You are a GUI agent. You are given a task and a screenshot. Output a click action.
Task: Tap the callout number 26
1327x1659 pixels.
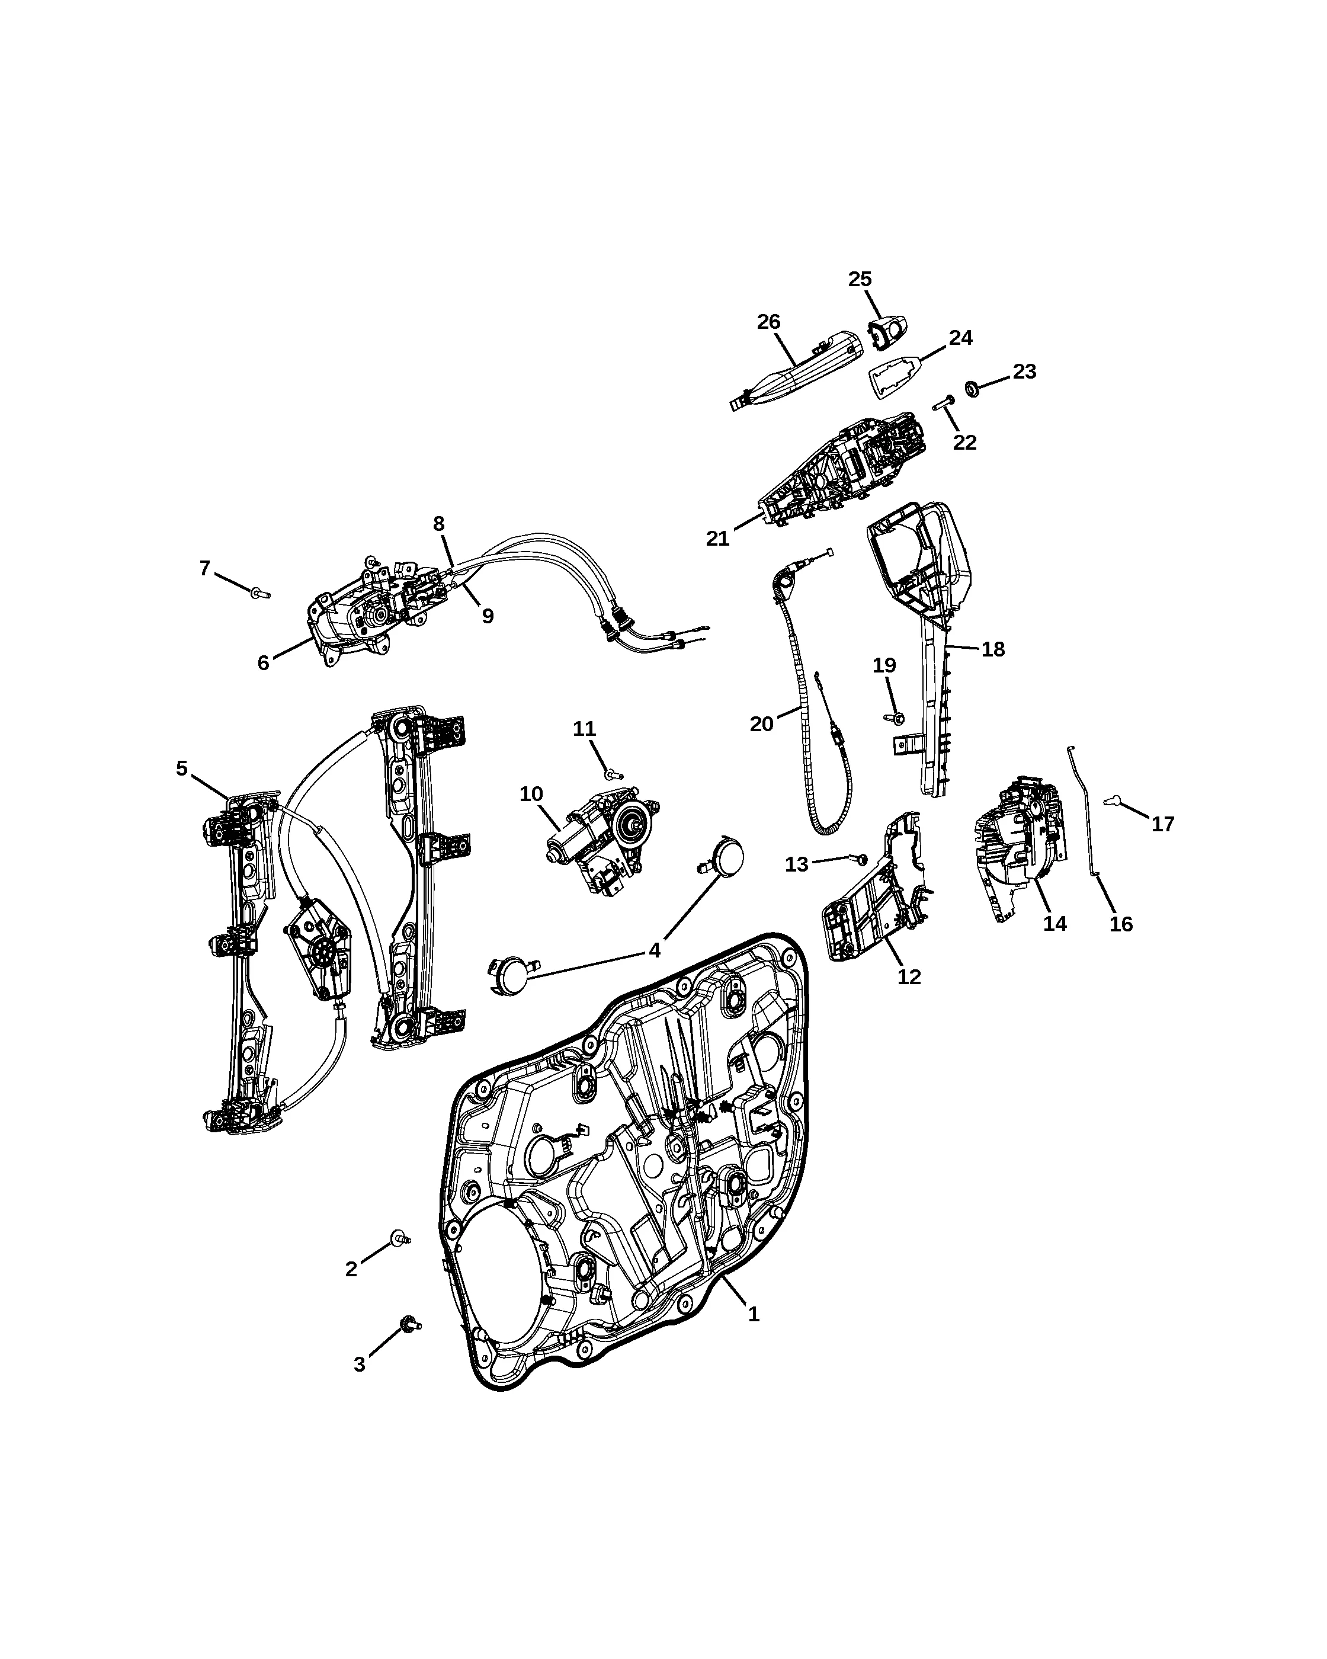tap(768, 322)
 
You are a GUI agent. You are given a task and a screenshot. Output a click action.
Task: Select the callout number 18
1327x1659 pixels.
tap(993, 649)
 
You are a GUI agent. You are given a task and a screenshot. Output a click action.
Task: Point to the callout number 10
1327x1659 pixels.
tap(531, 794)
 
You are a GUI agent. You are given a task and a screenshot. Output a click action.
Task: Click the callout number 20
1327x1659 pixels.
tap(762, 724)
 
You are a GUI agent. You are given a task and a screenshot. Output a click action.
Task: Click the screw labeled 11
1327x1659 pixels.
tap(614, 775)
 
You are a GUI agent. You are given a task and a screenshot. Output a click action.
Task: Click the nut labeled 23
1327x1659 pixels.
tap(972, 389)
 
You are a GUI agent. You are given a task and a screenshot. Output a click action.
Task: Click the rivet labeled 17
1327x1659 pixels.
tap(1111, 801)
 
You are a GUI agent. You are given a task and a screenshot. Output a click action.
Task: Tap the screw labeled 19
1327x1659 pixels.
tap(895, 719)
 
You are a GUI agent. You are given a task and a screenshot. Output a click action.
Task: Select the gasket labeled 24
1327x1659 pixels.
tap(896, 376)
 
